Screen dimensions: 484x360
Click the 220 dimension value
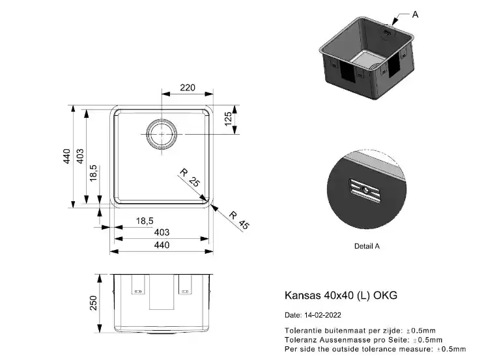tap(188, 88)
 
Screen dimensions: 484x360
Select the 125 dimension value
tap(228, 118)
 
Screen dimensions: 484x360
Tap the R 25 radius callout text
tap(190, 177)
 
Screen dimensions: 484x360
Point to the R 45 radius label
tap(239, 220)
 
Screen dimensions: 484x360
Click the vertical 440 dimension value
tap(66, 156)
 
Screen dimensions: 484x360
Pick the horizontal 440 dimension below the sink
tap(162, 245)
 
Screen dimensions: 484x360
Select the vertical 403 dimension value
tap(80, 156)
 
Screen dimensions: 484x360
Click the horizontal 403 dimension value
tap(162, 232)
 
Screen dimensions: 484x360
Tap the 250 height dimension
tap(93, 303)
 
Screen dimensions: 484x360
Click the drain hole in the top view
tap(162, 134)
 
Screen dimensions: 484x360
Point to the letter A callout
tap(415, 14)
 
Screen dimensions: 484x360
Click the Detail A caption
tap(367, 246)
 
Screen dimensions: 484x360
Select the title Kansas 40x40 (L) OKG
tap(341, 295)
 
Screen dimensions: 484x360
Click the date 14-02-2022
tap(322, 315)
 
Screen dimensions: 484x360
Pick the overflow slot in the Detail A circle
tap(365, 191)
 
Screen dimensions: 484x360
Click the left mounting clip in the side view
tap(137, 284)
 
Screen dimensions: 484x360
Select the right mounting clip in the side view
tap(185, 284)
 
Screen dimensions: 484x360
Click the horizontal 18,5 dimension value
tap(145, 221)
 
